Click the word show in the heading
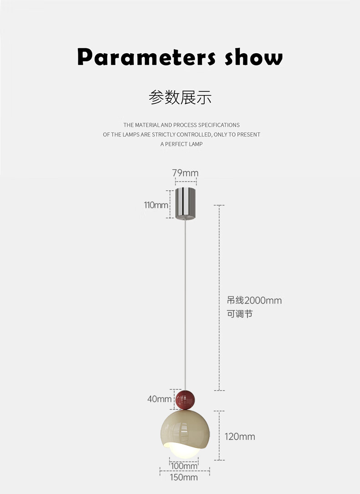click(x=254, y=58)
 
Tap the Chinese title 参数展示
click(x=180, y=97)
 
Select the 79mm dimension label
click(x=185, y=173)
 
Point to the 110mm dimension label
click(x=156, y=205)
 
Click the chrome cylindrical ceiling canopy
click(x=185, y=203)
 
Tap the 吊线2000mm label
click(x=254, y=300)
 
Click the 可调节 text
click(x=240, y=314)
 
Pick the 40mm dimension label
click(x=159, y=399)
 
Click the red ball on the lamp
click(x=185, y=399)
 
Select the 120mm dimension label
click(x=240, y=437)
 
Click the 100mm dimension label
click(x=184, y=466)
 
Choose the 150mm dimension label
click(x=184, y=477)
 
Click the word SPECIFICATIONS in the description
click(x=219, y=125)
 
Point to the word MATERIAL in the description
click(x=147, y=125)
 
